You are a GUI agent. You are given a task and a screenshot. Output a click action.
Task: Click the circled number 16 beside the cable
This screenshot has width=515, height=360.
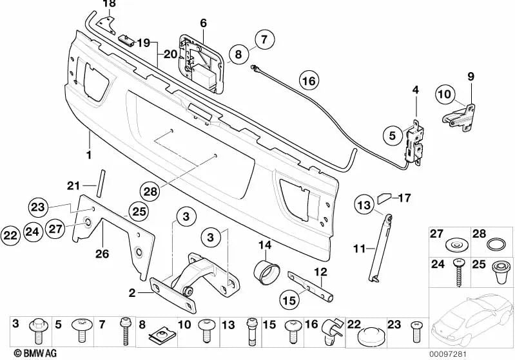309,82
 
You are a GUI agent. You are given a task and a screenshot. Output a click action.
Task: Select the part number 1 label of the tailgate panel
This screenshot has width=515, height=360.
89,155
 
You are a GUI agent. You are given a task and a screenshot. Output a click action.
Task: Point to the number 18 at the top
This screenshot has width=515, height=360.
110,4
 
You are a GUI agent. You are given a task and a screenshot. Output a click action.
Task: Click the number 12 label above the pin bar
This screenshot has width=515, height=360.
320,272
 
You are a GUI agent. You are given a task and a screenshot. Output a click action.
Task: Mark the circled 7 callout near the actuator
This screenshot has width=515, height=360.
264,39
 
